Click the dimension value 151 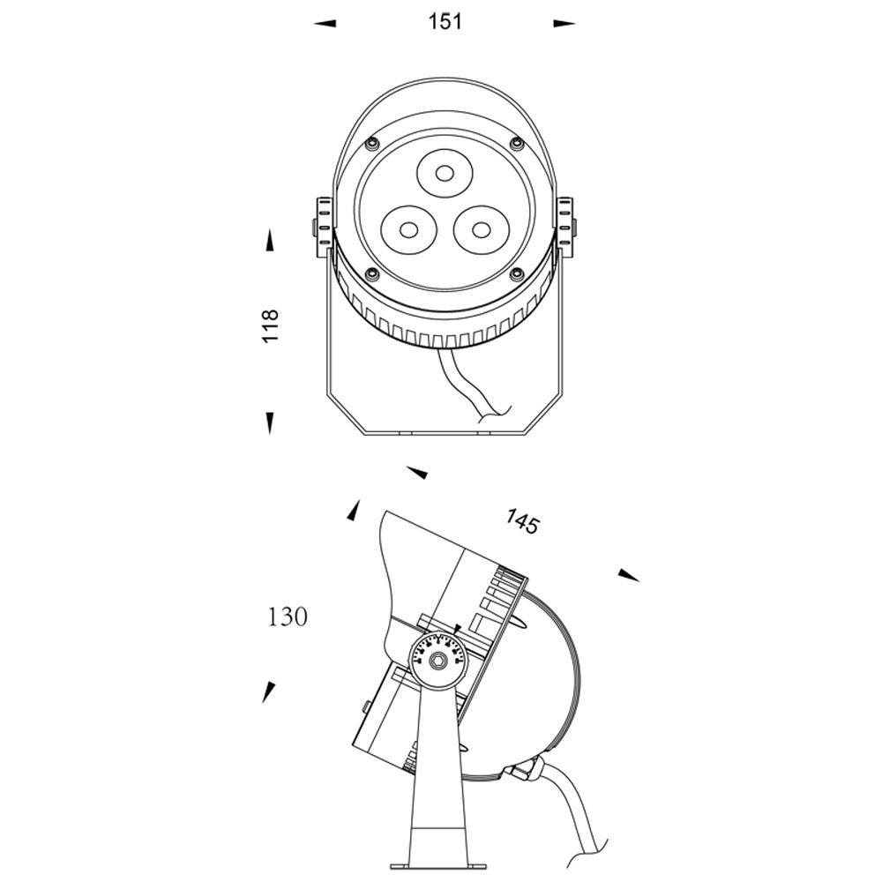tap(445, 22)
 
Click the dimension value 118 tap(271, 325)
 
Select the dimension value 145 tap(522, 521)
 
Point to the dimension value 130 tap(287, 617)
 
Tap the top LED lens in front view tap(445, 173)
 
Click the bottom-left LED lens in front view tap(409, 230)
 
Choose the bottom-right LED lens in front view tap(481, 230)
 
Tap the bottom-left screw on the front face tap(371, 274)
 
